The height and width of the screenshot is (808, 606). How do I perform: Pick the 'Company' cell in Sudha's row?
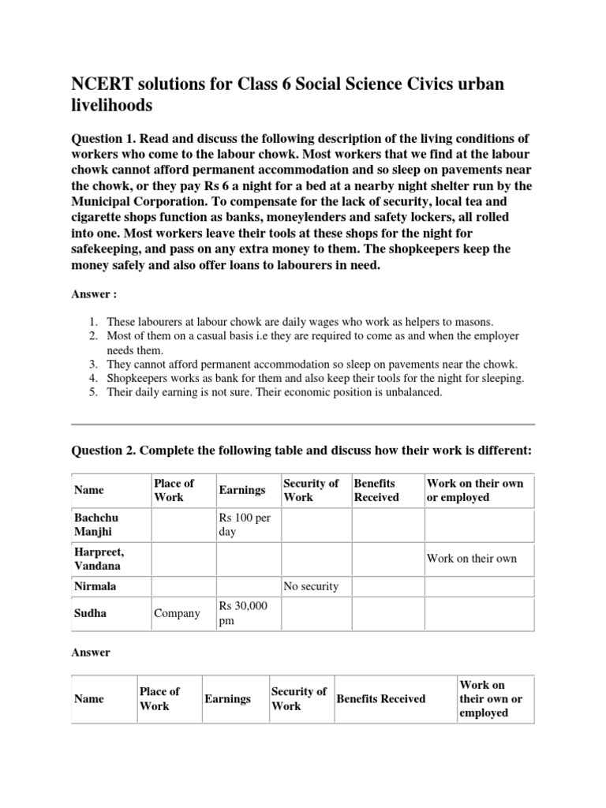(x=176, y=613)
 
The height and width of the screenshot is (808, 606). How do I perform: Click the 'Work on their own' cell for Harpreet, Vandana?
(x=472, y=559)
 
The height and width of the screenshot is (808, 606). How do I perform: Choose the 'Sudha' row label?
(x=89, y=613)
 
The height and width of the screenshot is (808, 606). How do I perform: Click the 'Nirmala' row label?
(x=95, y=586)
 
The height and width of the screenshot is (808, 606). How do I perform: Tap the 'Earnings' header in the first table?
(x=242, y=490)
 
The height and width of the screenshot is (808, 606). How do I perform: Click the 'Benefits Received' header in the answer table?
(x=380, y=699)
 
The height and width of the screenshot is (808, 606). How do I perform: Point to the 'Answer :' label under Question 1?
(x=94, y=294)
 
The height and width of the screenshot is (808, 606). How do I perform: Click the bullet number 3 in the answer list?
(x=92, y=364)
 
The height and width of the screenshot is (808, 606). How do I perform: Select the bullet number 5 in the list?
(x=92, y=392)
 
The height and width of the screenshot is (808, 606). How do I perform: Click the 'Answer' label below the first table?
(x=91, y=653)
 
